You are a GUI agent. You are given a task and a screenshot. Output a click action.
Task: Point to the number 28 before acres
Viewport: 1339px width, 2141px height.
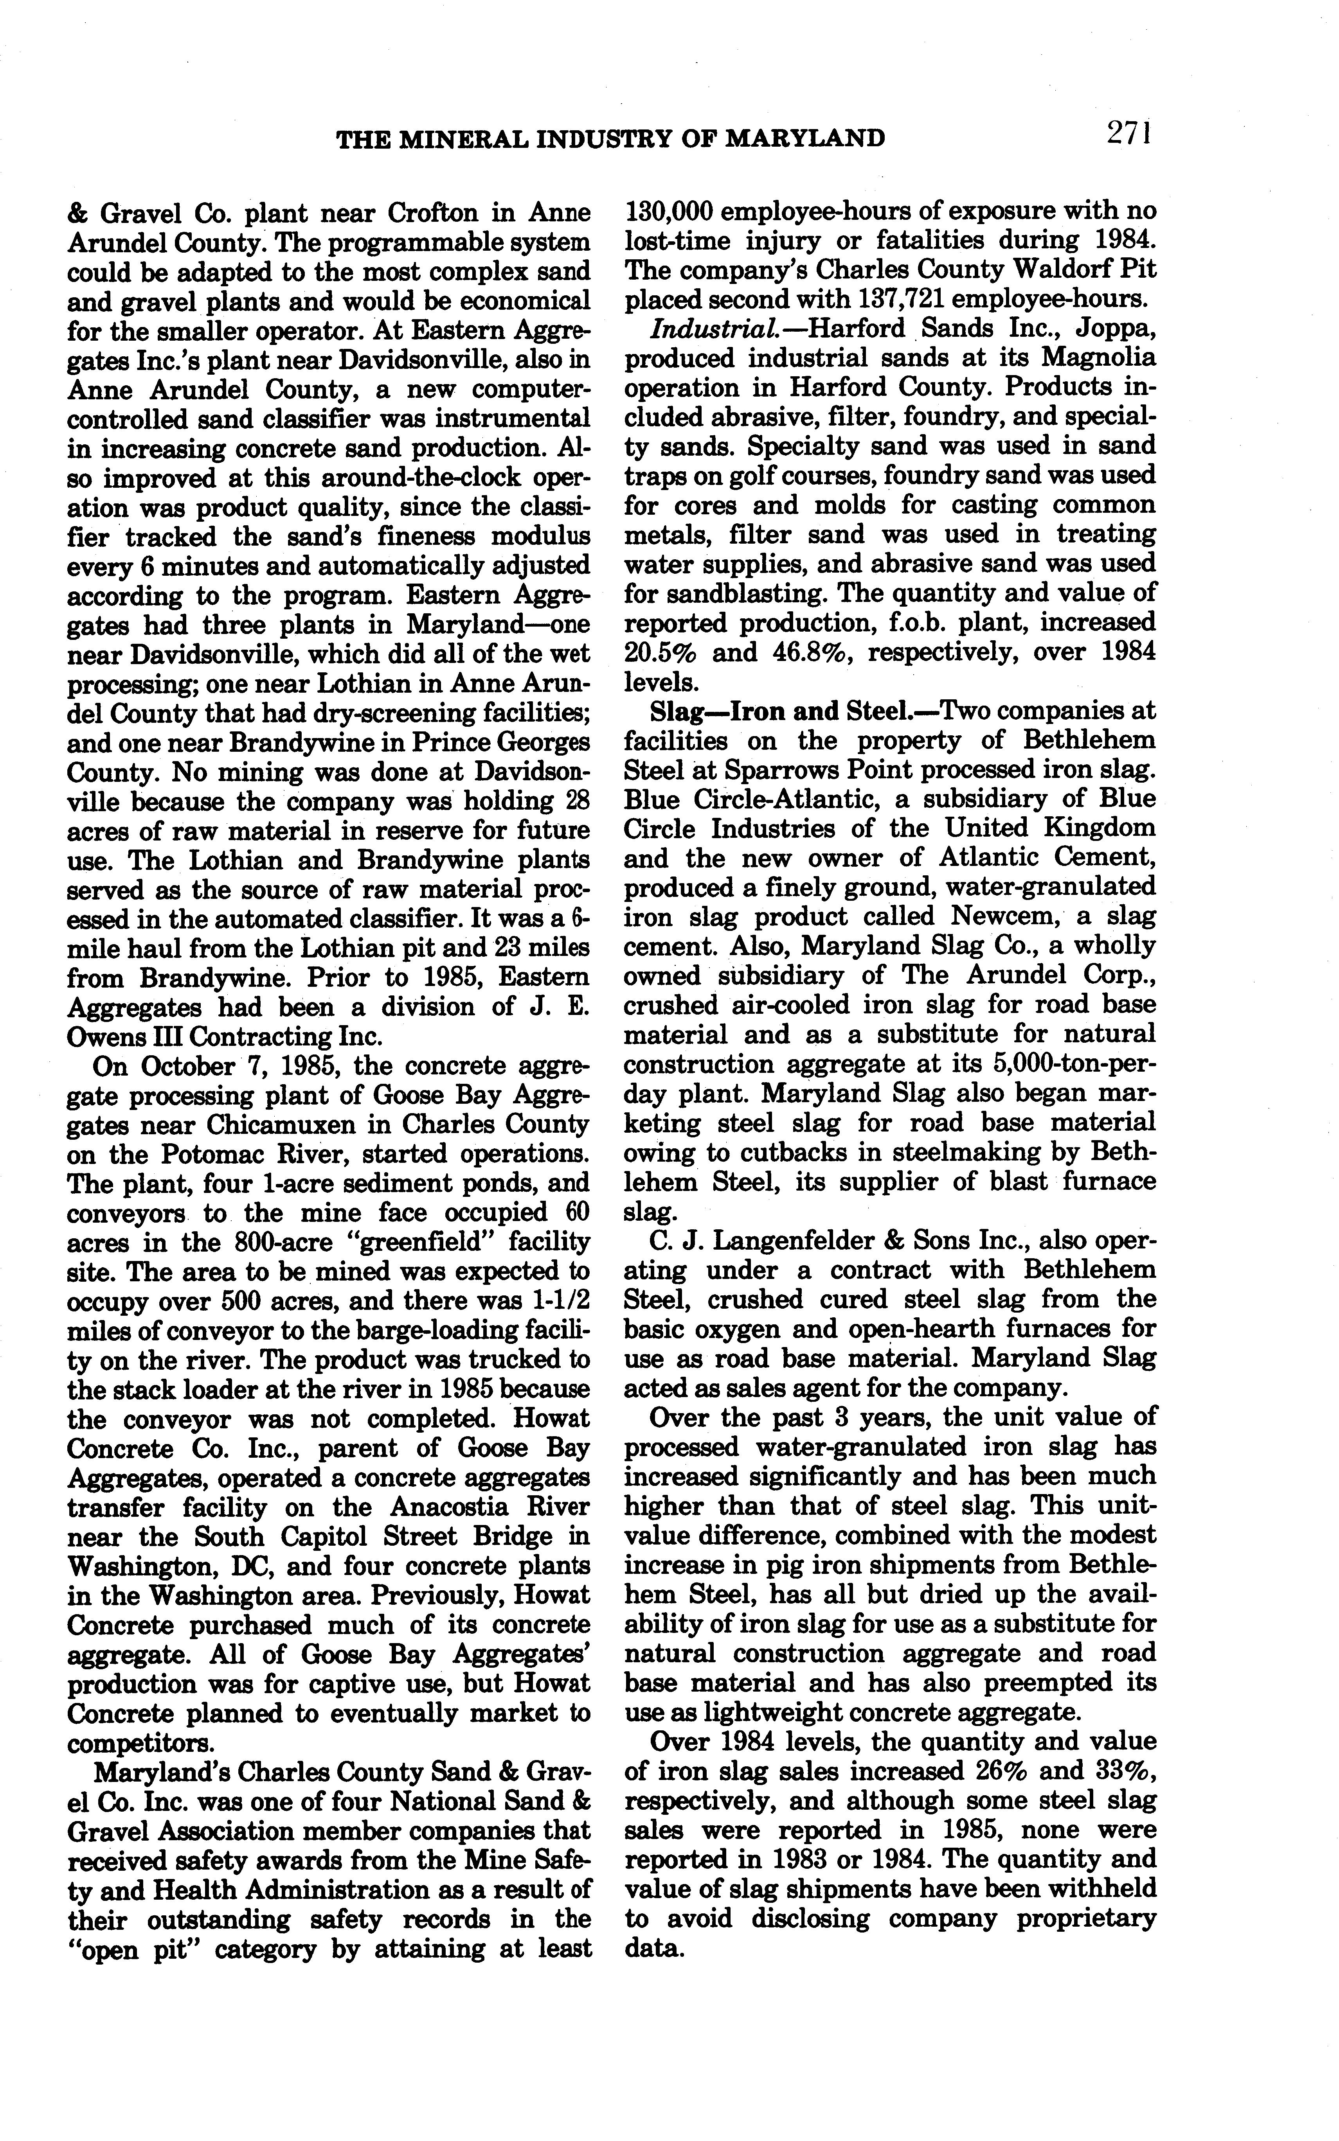click(x=576, y=801)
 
